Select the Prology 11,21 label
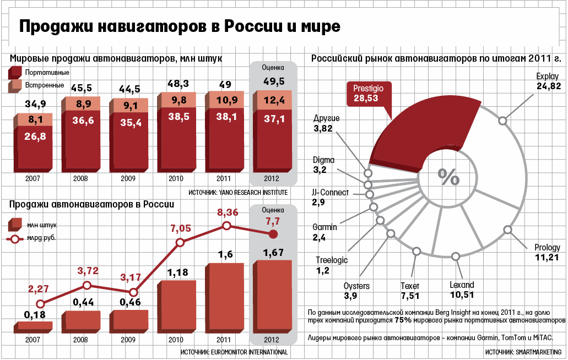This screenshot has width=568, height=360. click(547, 252)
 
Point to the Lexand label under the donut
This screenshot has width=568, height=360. click(462, 290)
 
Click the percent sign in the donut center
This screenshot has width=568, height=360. click(448, 176)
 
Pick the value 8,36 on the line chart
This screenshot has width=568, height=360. click(228, 212)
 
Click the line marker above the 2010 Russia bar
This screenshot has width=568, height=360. click(180, 243)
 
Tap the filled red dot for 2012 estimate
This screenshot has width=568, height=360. click(273, 234)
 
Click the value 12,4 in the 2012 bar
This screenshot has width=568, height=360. click(274, 100)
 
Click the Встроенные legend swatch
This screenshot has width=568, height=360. click(15, 86)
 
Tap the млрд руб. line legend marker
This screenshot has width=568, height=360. click(15, 238)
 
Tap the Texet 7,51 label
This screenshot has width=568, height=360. click(410, 291)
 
